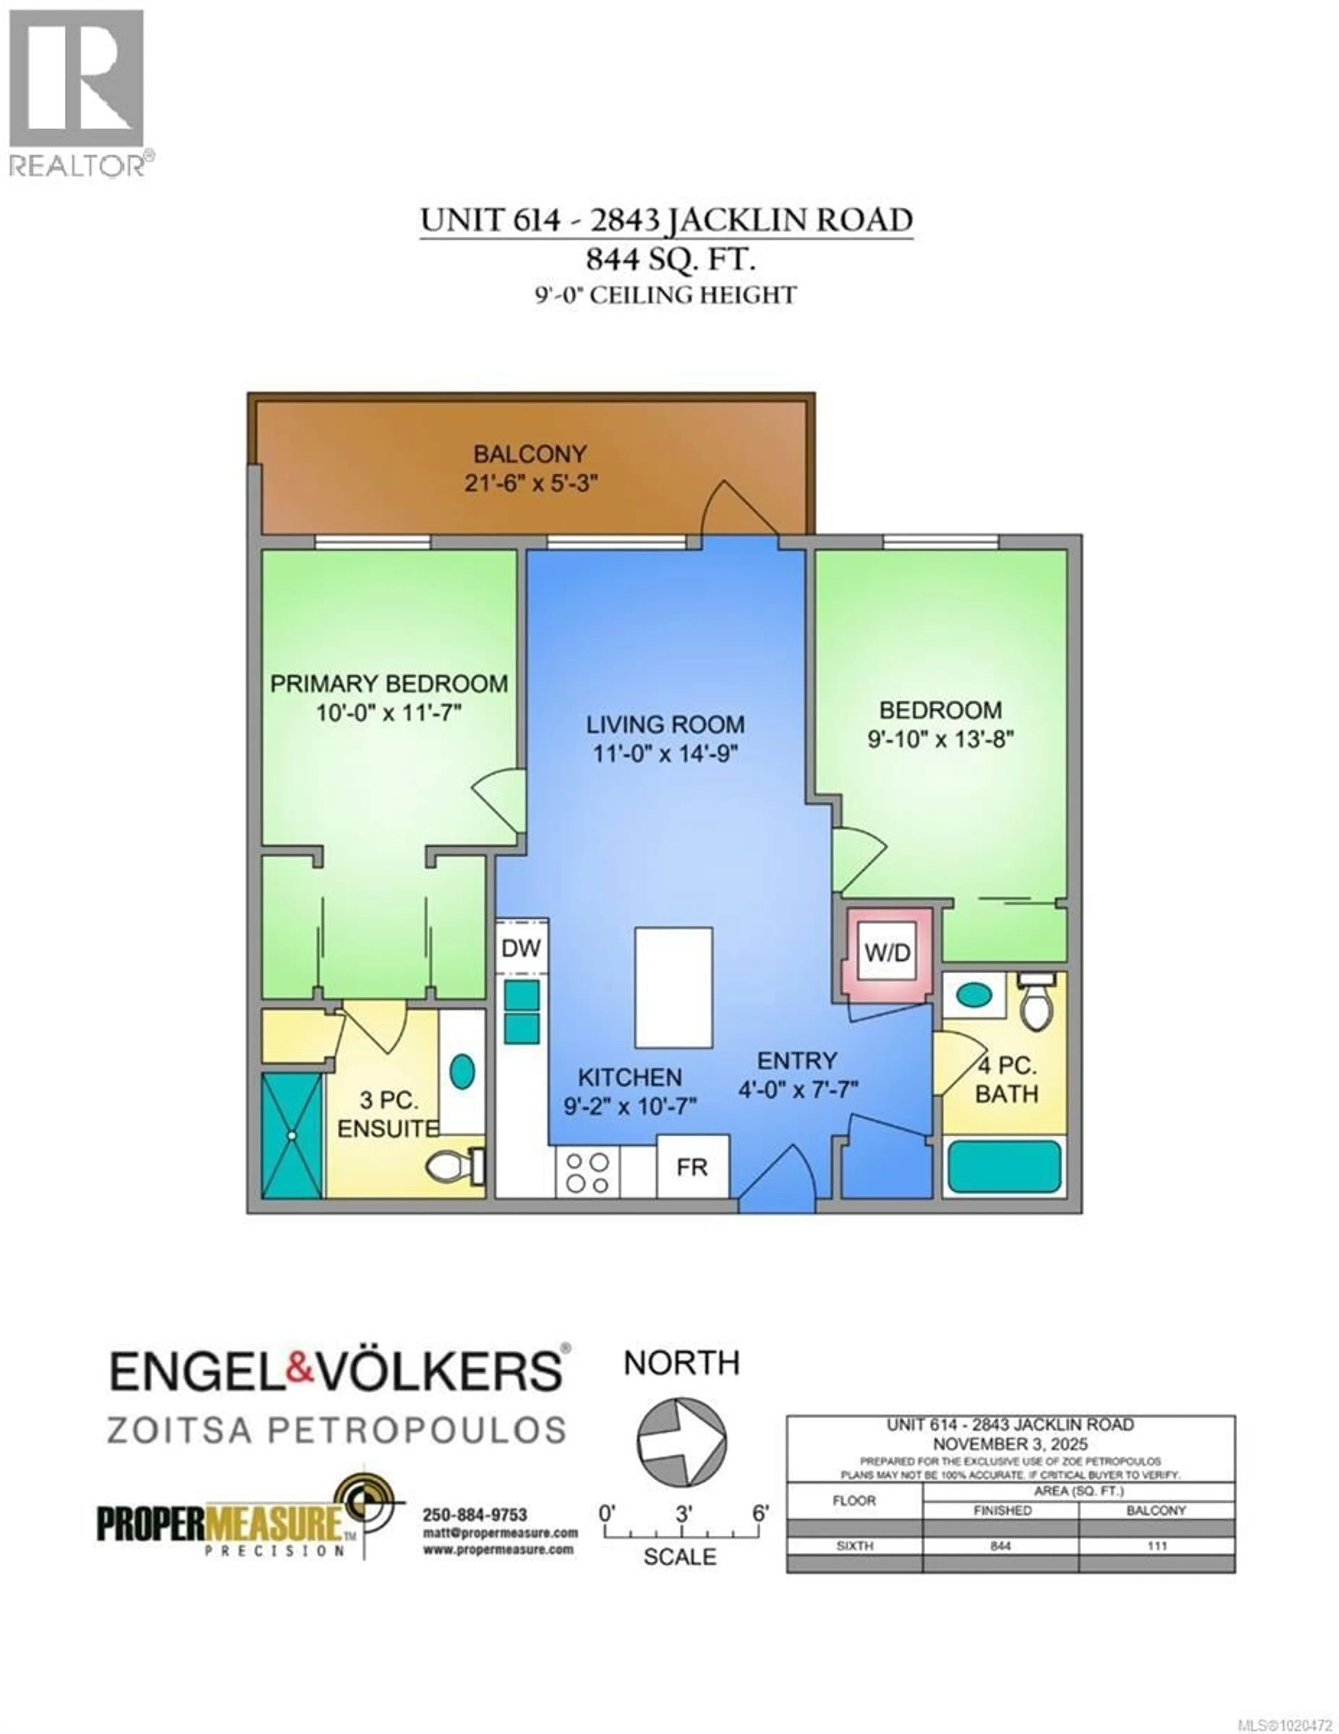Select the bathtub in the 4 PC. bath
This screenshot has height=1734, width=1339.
(x=1004, y=1165)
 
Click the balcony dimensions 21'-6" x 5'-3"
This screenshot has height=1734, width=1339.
(x=530, y=483)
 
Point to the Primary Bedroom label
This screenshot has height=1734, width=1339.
(x=389, y=684)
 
